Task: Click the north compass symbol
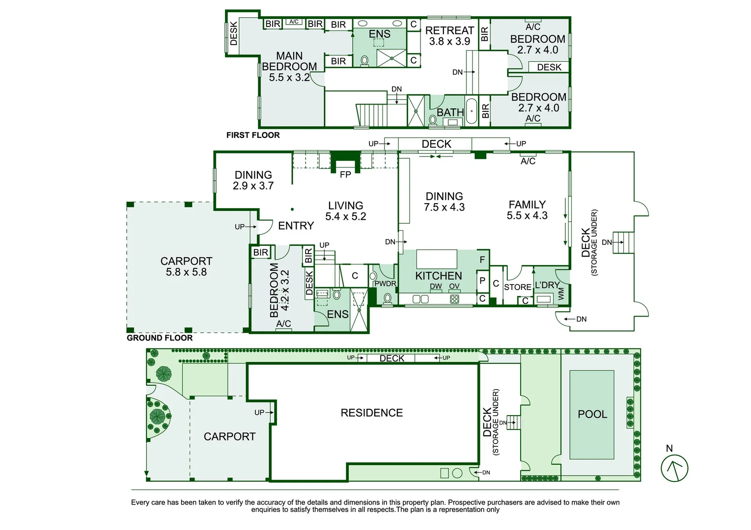pos(674,468)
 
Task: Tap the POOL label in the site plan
pos(592,414)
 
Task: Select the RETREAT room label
pos(449,36)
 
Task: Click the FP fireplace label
pos(345,174)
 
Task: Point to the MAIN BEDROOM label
pos(289,66)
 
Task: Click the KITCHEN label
pos(439,276)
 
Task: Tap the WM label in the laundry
pos(561,294)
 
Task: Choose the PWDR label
pos(385,284)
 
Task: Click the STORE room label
pos(518,287)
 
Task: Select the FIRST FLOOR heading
pos(253,135)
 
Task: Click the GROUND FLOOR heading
pos(160,338)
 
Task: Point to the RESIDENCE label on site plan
pos(372,413)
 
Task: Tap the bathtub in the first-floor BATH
pos(471,111)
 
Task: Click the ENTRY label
pos(296,226)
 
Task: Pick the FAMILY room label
pos(527,210)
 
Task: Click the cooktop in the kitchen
pos(454,299)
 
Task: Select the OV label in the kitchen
pos(454,286)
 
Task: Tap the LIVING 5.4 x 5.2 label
pos(346,211)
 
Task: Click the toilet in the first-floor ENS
pos(364,60)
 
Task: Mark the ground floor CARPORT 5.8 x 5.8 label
pos(186,266)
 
